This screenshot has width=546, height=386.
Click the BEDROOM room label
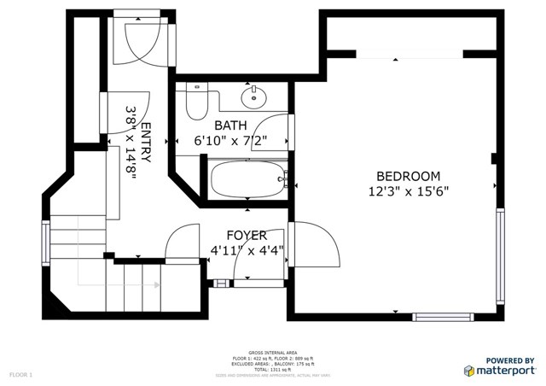click(409, 176)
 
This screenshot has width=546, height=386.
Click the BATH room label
click(230, 126)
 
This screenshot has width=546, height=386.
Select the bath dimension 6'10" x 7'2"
click(230, 140)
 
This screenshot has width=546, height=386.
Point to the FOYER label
click(247, 235)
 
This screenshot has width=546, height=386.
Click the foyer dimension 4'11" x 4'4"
click(247, 250)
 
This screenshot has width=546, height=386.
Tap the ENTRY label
click(146, 143)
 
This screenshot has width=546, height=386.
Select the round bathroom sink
click(253, 97)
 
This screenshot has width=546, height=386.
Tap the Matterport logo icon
click(470, 371)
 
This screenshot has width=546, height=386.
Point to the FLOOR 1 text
click(20, 375)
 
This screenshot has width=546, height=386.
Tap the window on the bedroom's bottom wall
click(442, 317)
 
